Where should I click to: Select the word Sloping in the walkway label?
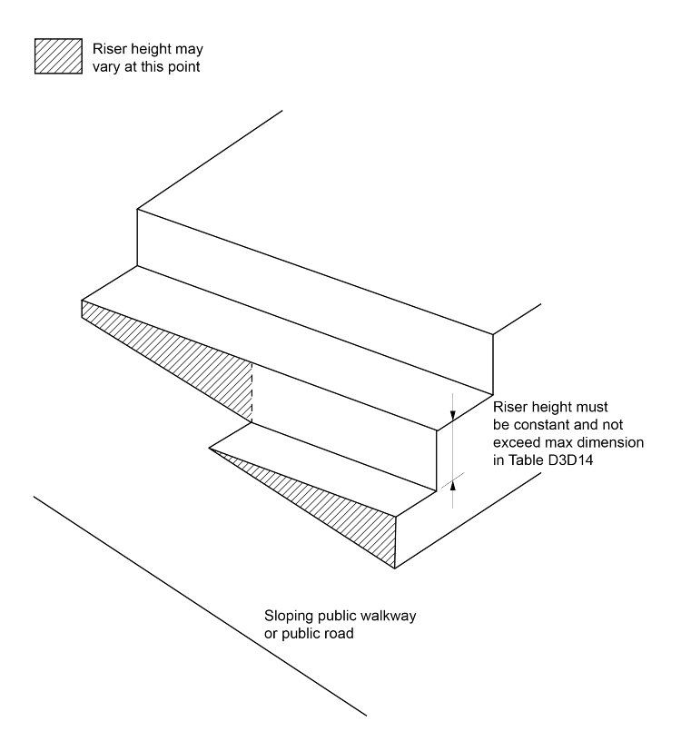tap(288, 617)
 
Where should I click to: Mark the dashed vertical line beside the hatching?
tap(251, 390)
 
